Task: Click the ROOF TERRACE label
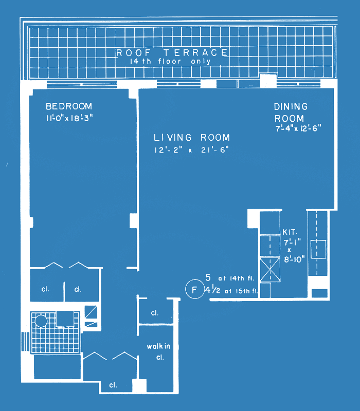172,53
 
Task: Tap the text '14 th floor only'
171,62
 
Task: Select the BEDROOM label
69,106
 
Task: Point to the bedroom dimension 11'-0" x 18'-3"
69,118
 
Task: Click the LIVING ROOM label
192,137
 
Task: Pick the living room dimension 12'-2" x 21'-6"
191,150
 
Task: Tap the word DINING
291,106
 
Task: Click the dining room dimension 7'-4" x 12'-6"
298,128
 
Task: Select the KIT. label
290,232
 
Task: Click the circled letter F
194,290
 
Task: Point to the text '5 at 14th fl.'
230,277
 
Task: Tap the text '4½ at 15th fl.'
231,290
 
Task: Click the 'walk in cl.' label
158,352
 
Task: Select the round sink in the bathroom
41,321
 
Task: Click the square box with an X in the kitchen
270,270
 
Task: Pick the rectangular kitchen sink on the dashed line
318,249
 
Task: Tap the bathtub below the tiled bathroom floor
57,367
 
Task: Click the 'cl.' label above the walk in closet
155,313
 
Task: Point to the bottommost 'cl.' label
113,385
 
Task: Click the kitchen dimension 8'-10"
294,259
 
